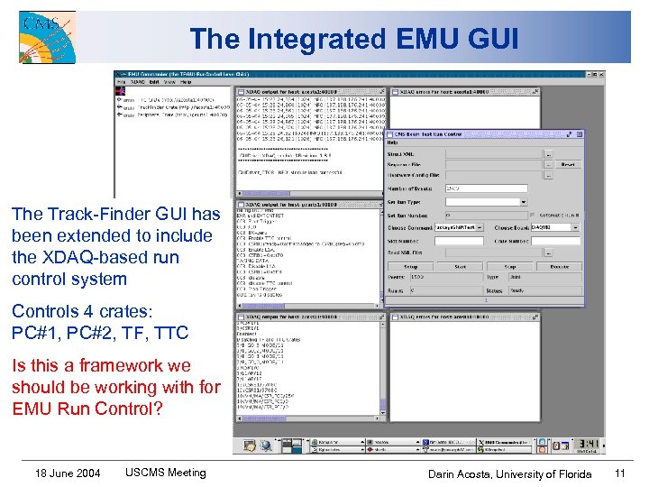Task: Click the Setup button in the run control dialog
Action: coord(410,267)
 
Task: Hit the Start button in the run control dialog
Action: coord(461,267)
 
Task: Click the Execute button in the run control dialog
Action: coord(560,267)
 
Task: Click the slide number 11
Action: coord(619,473)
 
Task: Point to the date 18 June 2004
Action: coord(68,473)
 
